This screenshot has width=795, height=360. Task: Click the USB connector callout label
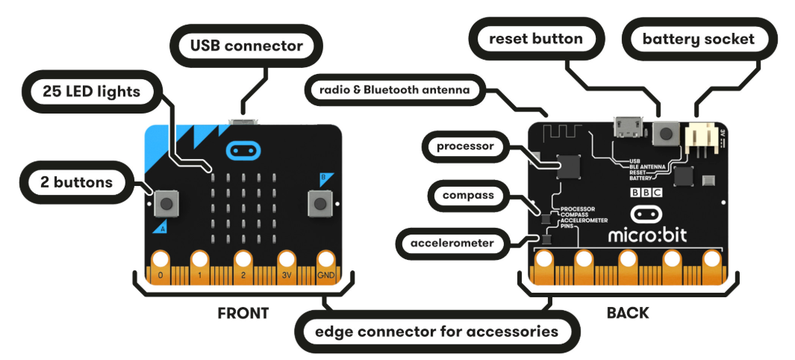tap(246, 46)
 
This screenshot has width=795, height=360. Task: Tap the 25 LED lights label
tap(90, 92)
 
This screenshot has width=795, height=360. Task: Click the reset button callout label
tap(534, 38)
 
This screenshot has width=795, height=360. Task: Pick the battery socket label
tap(698, 38)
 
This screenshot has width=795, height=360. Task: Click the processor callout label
tap(467, 146)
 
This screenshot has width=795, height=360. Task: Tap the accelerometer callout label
tap(453, 242)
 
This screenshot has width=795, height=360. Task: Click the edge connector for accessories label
tap(437, 330)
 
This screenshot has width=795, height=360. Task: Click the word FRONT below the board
tap(243, 313)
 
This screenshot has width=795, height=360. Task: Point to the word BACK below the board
tap(628, 313)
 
